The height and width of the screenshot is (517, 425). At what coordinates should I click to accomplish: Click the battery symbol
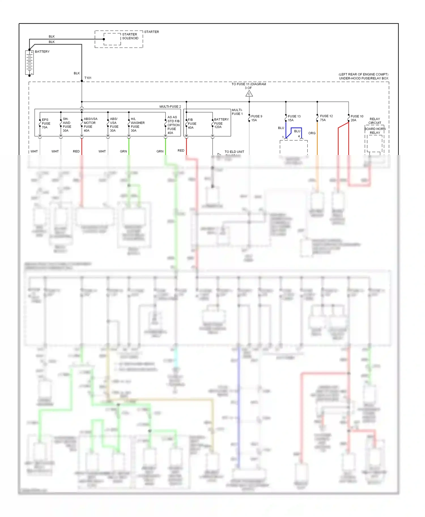tap(29, 63)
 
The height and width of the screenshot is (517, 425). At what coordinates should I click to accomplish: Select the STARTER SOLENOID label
tap(130, 36)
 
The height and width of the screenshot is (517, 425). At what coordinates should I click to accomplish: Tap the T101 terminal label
tap(88, 78)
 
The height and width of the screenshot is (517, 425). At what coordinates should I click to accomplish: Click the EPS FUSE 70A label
tap(46, 124)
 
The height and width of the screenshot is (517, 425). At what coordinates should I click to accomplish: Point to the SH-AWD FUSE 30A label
tap(67, 125)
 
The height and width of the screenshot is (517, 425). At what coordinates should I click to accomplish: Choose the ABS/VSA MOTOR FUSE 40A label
tap(90, 125)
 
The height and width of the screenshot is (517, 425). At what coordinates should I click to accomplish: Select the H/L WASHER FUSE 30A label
tap(137, 125)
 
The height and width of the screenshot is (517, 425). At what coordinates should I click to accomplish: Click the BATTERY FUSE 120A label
tap(221, 123)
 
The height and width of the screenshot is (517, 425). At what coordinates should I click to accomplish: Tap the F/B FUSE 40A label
tap(192, 124)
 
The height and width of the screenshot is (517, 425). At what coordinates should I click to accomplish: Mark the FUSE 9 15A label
tap(256, 118)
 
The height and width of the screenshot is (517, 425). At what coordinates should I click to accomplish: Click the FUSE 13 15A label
tap(294, 118)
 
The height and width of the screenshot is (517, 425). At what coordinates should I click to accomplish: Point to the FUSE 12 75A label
tap(326, 118)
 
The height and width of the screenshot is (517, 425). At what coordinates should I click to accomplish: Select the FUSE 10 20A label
tap(357, 118)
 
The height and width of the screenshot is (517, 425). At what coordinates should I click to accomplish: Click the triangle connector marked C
tap(249, 94)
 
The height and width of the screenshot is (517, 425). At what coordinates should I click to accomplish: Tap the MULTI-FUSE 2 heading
tap(170, 107)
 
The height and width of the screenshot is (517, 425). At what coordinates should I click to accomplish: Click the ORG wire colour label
tap(312, 133)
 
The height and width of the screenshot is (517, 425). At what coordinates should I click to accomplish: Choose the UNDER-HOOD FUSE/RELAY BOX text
tap(364, 78)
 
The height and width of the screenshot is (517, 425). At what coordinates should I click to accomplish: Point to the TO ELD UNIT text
tap(234, 152)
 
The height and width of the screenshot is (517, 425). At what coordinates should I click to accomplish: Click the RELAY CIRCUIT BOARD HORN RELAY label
tap(375, 126)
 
